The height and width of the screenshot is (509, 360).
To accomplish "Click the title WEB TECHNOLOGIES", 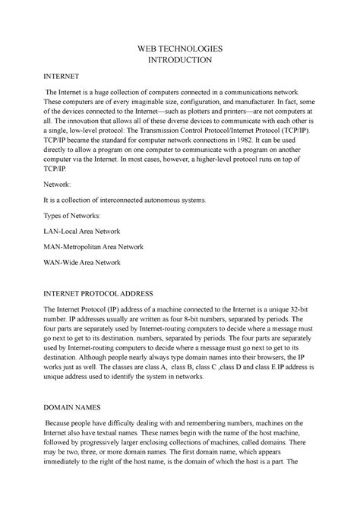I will pyautogui.click(x=180, y=47).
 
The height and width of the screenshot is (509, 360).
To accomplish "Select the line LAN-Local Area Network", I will pyautogui.click(x=91, y=229).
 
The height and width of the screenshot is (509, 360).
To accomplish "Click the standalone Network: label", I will pyautogui.click(x=63, y=183).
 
